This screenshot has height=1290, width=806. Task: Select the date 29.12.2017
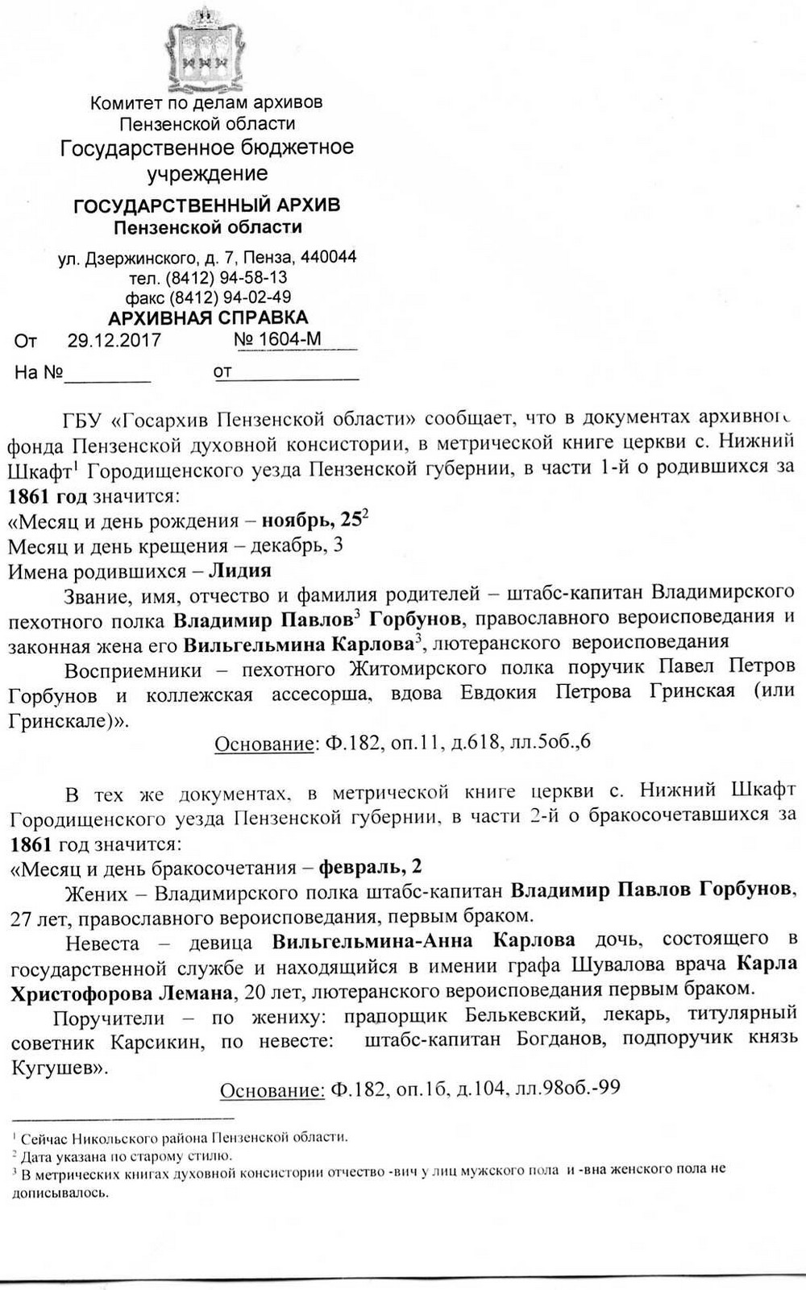(114, 340)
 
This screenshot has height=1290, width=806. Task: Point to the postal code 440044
(328, 258)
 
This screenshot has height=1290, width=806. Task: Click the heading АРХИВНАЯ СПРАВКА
(208, 317)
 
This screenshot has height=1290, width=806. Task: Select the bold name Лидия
(239, 570)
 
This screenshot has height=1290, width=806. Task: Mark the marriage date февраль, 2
(370, 867)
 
